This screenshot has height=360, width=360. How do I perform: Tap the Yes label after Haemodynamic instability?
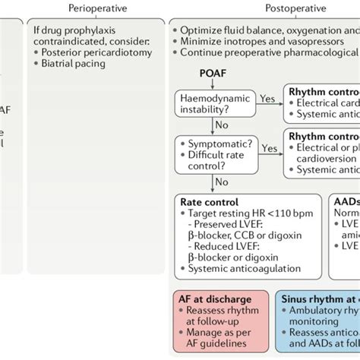coord(268,99)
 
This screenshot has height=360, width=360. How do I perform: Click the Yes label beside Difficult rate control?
coord(270,149)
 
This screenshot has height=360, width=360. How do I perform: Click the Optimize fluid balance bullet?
coord(266,29)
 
